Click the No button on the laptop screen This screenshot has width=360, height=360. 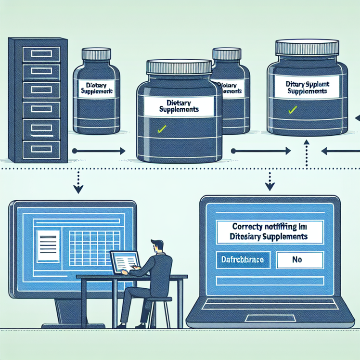[x=296, y=259]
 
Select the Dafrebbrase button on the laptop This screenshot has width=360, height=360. [x=243, y=259]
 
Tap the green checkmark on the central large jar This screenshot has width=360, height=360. [x=162, y=129]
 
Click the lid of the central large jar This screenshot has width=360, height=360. [x=179, y=67]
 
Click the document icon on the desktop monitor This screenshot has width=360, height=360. [x=48, y=246]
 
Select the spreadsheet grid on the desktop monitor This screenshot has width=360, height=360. [x=91, y=245]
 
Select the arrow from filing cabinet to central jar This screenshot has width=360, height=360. [x=99, y=151]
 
